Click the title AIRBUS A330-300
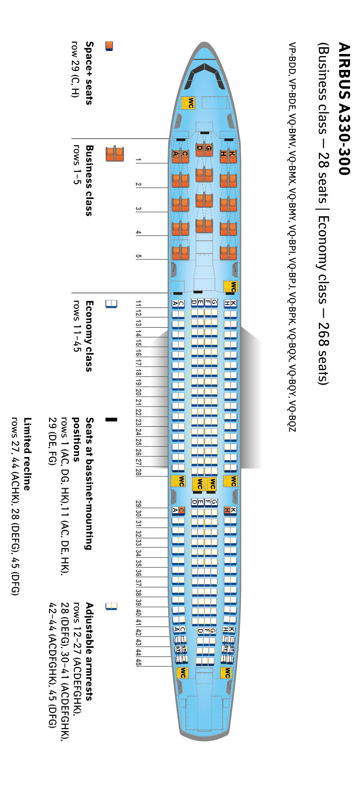344,109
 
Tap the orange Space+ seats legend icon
109,46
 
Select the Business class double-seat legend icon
115,154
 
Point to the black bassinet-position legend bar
111,419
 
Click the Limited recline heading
27,454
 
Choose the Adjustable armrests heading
89,651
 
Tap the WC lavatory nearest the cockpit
188,103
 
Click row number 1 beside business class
138,160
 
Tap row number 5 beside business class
138,256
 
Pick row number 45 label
138,662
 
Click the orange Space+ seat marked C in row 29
181,510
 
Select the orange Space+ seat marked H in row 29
227,510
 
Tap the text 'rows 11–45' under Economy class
76,326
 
